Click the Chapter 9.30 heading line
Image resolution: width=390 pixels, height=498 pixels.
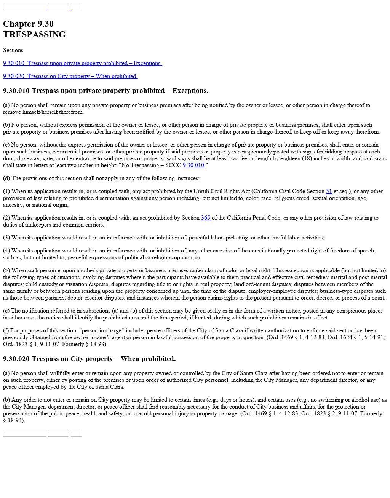(x=28, y=24)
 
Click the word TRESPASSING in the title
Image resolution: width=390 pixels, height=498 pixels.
(x=34, y=34)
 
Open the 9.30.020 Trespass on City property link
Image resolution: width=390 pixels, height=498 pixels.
(x=70, y=76)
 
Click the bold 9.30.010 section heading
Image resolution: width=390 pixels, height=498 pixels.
(x=105, y=91)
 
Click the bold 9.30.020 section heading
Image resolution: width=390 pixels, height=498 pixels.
(x=89, y=359)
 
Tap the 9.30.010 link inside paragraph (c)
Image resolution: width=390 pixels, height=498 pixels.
(x=193, y=165)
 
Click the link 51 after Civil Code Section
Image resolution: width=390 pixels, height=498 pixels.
(x=329, y=191)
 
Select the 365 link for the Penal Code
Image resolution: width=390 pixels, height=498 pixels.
(x=206, y=218)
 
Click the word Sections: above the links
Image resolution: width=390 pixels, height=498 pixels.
(x=14, y=50)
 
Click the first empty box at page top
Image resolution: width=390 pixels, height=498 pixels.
(x=24, y=6)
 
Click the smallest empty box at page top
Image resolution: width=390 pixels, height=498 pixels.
(x=76, y=6)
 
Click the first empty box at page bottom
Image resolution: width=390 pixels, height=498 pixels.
(x=24, y=433)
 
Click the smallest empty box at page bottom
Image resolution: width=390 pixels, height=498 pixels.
(x=76, y=433)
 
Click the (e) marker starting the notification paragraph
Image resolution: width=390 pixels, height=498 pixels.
(x=6, y=311)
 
